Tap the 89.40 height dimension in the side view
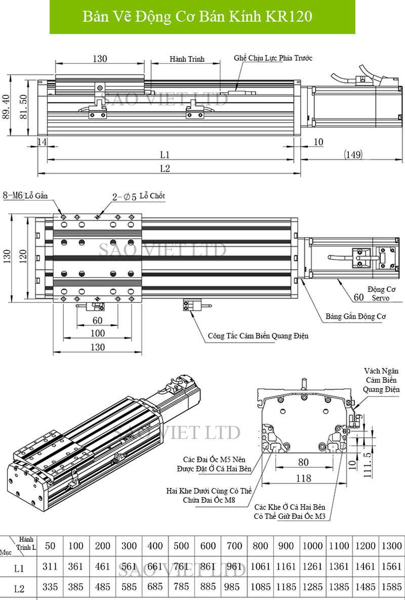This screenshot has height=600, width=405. pos(7,107)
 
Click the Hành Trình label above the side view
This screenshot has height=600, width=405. pos(187,59)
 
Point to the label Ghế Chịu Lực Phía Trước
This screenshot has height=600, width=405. pos(273,58)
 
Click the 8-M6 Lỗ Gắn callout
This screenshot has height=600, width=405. pos(28,195)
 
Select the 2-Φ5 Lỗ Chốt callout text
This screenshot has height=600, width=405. pos(138,196)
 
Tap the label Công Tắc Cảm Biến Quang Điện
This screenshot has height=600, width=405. pos(258,335)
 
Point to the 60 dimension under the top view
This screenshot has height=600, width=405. pos(97,320)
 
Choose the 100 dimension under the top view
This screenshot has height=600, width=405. pos(97,333)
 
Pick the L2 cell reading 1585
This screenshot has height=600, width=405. pos(391,588)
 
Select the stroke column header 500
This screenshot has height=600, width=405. pos(181,546)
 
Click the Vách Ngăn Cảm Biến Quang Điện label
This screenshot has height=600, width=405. pos(382,380)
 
